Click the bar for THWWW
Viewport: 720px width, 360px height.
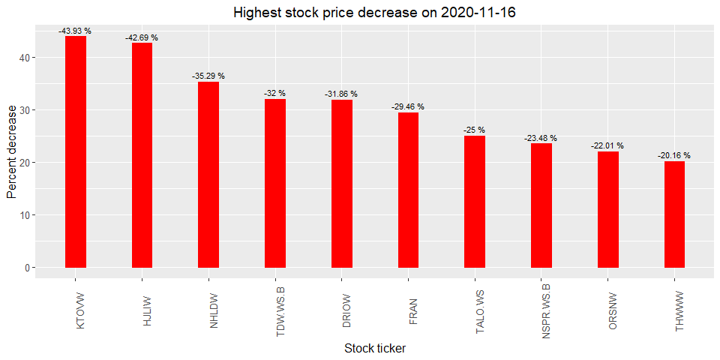[674, 214]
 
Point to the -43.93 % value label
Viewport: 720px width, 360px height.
[75, 31]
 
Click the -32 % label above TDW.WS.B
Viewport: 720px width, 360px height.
[274, 94]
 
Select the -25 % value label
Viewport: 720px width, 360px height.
[474, 130]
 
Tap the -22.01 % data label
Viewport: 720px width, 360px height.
[607, 146]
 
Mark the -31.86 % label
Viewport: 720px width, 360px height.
[341, 94]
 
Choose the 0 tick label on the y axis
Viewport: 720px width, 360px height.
[27, 268]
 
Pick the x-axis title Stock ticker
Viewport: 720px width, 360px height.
[374, 349]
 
